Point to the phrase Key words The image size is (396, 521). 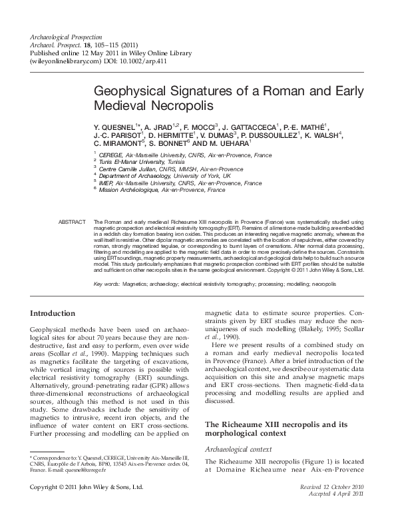107,284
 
